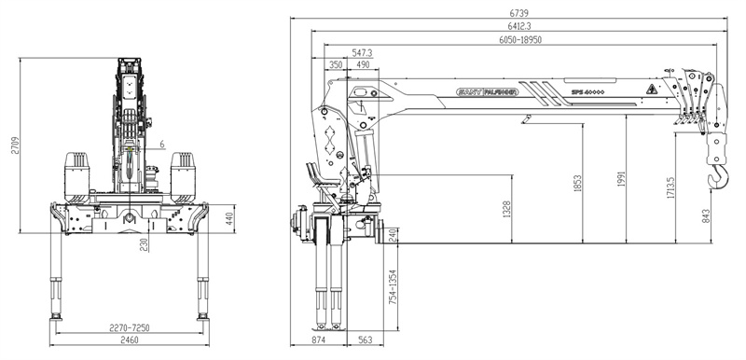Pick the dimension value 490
(361, 64)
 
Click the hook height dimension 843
(714, 217)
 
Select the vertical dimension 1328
(506, 210)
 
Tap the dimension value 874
(319, 341)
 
